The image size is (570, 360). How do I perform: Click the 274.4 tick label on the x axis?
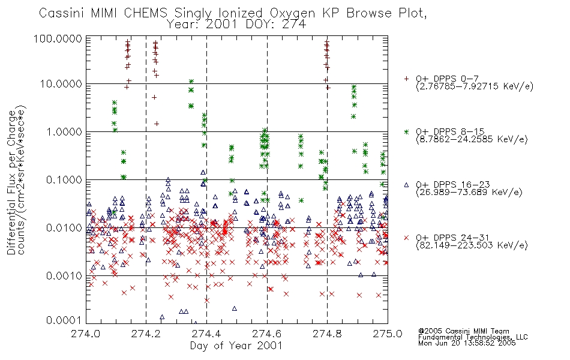coord(206,334)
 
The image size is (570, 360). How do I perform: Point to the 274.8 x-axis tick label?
coord(327,334)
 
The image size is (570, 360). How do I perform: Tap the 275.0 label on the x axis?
coord(388,334)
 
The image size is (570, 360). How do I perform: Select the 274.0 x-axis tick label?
coord(86,334)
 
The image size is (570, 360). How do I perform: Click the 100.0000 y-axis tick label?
coord(58,38)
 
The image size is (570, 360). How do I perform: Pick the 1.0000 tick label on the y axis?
coord(64,131)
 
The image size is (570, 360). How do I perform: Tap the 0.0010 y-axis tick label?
coord(64,275)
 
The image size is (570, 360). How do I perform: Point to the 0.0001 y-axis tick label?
coord(64,320)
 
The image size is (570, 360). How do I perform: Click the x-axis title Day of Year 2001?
coord(236,346)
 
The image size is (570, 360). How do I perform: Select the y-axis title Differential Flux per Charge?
coord(11,182)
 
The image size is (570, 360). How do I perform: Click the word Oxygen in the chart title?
coord(292,13)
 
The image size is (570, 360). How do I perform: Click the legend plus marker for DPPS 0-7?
coord(406,79)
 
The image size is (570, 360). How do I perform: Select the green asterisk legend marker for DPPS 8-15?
coord(406,131)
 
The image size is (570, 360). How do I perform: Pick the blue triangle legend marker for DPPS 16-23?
coord(406,185)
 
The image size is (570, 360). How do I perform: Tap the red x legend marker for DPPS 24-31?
coord(406,238)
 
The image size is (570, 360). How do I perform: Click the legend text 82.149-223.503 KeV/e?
coord(472,245)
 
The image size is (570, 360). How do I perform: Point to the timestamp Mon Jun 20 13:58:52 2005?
coord(467,343)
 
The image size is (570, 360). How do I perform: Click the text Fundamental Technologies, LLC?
coord(473,337)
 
